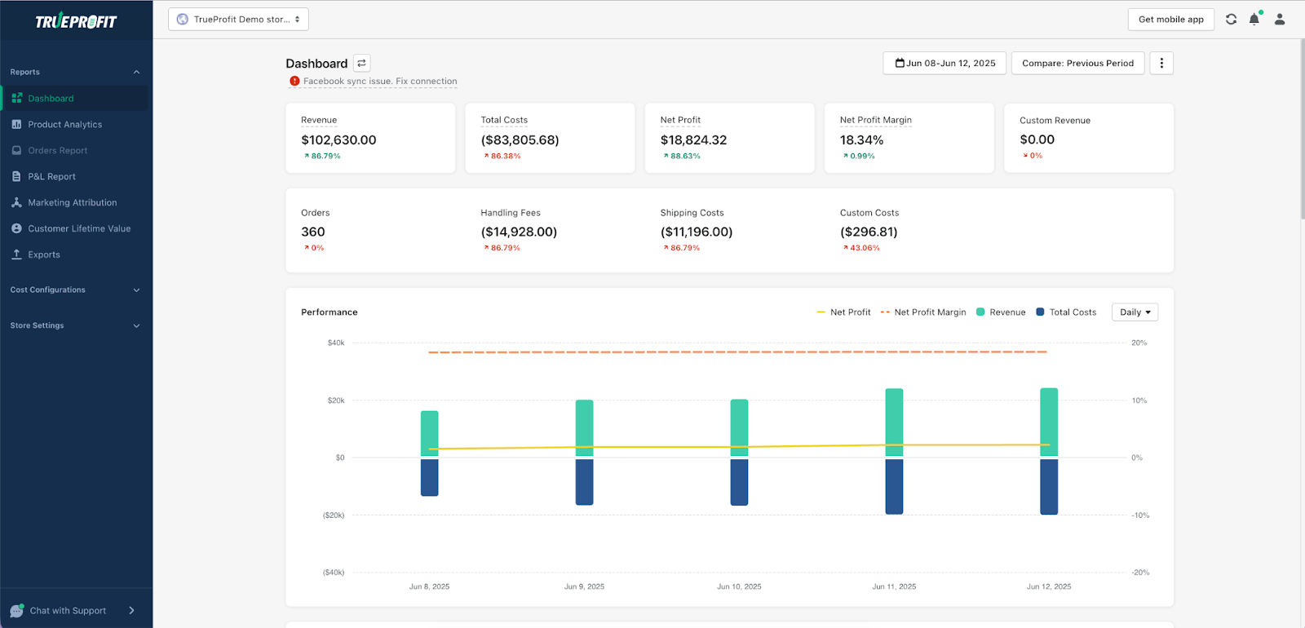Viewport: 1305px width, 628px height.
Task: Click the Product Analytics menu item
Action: (x=64, y=125)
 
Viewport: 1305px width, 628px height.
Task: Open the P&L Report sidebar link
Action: (x=51, y=177)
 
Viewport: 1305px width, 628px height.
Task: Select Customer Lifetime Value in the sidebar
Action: (x=79, y=229)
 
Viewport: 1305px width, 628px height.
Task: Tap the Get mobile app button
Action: (x=1170, y=20)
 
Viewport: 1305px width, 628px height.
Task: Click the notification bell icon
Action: (x=1254, y=20)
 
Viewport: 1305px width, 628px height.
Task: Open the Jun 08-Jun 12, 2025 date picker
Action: (x=944, y=64)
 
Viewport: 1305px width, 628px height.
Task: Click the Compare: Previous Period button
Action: (x=1077, y=64)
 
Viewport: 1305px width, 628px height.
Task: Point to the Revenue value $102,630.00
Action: (x=338, y=140)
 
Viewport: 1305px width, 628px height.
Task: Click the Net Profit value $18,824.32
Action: (x=693, y=140)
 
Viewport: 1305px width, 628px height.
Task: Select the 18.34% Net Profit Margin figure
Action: (x=861, y=140)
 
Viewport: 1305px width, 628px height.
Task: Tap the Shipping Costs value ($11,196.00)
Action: (x=696, y=232)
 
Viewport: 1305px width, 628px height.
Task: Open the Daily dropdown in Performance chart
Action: (x=1135, y=312)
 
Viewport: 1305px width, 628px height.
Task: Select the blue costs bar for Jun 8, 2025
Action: (x=429, y=477)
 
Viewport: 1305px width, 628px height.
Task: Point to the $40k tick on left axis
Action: (x=336, y=343)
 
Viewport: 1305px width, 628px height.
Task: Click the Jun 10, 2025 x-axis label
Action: (x=739, y=586)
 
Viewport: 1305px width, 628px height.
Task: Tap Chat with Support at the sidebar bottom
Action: (x=68, y=611)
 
